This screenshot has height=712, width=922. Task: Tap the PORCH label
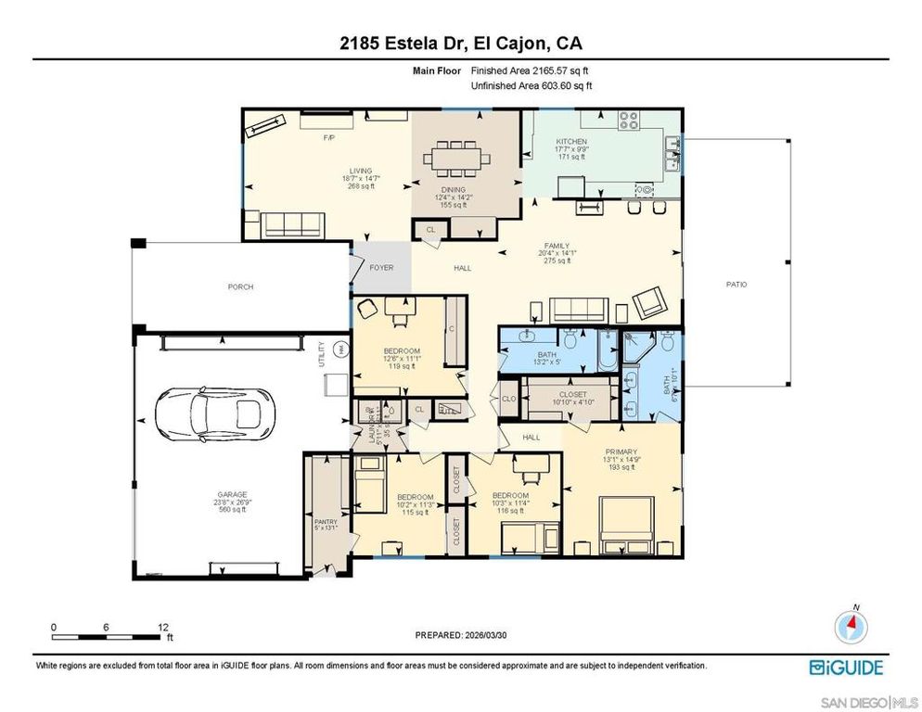[240, 286]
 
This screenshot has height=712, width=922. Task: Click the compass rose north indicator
[850, 627]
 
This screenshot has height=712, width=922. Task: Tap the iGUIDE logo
[845, 667]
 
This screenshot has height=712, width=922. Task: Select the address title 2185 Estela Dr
[460, 43]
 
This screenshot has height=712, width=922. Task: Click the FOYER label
[381, 268]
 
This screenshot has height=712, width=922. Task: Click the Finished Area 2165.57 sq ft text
[531, 70]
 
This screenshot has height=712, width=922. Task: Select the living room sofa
[292, 223]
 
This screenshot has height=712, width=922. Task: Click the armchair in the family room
[651, 302]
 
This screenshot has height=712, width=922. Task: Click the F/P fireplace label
[327, 137]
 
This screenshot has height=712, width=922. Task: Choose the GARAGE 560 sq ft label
[220, 502]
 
